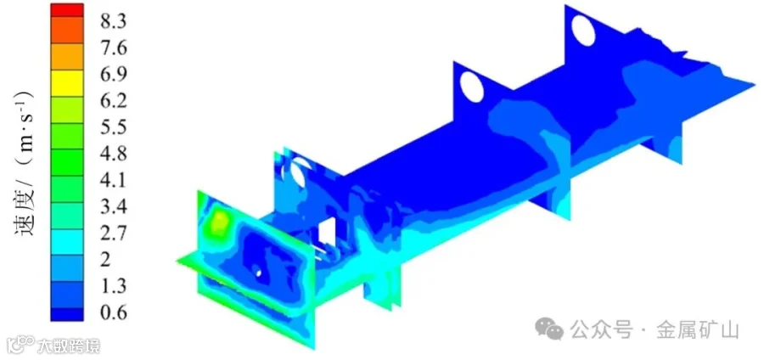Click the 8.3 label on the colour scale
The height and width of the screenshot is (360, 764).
113,22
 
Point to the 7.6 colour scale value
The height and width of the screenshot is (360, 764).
113,48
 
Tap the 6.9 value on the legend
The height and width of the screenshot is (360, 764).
113,75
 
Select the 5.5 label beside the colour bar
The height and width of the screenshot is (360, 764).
113,127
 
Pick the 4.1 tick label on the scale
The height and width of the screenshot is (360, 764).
113,180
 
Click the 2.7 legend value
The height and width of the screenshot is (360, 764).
113,233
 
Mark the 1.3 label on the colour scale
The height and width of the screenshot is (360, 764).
113,285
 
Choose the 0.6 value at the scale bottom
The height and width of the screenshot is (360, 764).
113,312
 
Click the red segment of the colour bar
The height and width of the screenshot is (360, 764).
67,10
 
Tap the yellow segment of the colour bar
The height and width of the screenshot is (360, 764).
67,83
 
